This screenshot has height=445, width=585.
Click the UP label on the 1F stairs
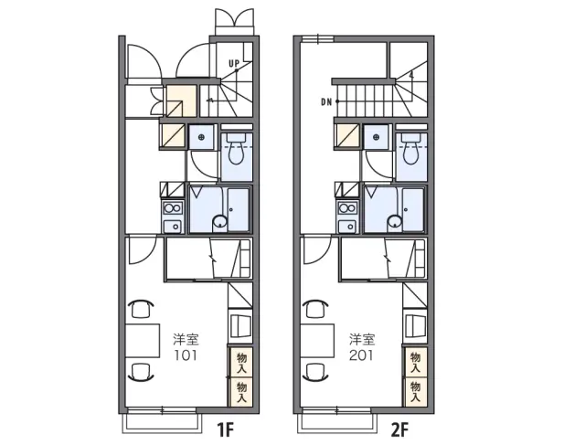pyautogui.click(x=234, y=64)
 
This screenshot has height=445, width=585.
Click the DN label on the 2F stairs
pyautogui.click(x=326, y=101)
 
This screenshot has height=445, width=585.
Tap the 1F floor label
pyautogui.click(x=225, y=430)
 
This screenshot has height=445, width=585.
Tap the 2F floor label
pyautogui.click(x=399, y=430)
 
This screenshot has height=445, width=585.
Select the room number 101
pyautogui.click(x=186, y=355)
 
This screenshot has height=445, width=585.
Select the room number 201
pyautogui.click(x=361, y=355)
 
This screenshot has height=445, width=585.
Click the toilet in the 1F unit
pyautogui.click(x=236, y=148)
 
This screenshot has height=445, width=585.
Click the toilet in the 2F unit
pyautogui.click(x=410, y=148)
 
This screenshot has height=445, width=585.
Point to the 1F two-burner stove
pyautogui.click(x=173, y=207)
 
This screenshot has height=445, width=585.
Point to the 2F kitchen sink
pyautogui.click(x=347, y=226)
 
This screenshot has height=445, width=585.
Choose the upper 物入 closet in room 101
pyautogui.click(x=241, y=362)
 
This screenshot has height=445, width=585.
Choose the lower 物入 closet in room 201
pyautogui.click(x=416, y=392)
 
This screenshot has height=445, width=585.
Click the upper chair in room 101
pyautogui.click(x=141, y=309)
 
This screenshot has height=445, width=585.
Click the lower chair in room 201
pyautogui.click(x=315, y=372)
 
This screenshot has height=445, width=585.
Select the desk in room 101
pyautogui.click(x=143, y=341)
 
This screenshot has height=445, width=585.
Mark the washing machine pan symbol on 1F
pyautogui.click(x=202, y=138)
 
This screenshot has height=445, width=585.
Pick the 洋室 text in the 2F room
pyautogui.click(x=362, y=339)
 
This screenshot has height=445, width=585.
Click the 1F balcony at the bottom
pyautogui.click(x=163, y=423)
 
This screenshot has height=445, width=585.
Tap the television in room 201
pyautogui.click(x=414, y=324)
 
